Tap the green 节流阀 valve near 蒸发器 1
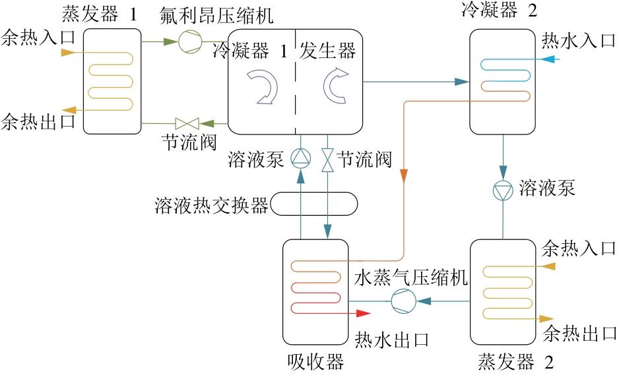coord(187,123)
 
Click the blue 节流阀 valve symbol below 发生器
coord(327,159)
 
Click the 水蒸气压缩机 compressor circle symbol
coord(402,301)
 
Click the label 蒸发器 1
coord(100,14)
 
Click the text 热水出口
coord(392,340)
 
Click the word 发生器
coord(327,51)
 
